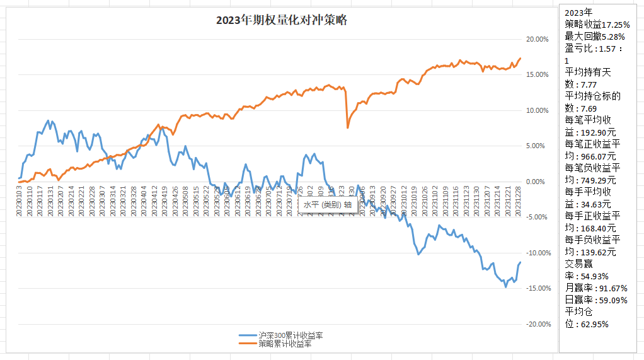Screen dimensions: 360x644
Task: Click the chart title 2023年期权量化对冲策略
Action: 281,20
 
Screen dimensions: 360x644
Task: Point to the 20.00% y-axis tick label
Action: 537,40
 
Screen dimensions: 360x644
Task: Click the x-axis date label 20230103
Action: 20,200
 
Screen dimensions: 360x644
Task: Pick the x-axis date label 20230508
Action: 185,200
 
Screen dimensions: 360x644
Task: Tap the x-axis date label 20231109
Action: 447,200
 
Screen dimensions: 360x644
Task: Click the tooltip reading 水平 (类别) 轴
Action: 327,205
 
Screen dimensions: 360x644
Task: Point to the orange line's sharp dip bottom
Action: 348,128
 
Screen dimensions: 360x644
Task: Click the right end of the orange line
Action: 520,59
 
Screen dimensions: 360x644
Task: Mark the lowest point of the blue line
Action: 505,287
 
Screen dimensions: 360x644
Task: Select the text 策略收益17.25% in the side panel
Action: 595,24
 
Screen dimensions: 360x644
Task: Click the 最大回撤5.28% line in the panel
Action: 595,36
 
